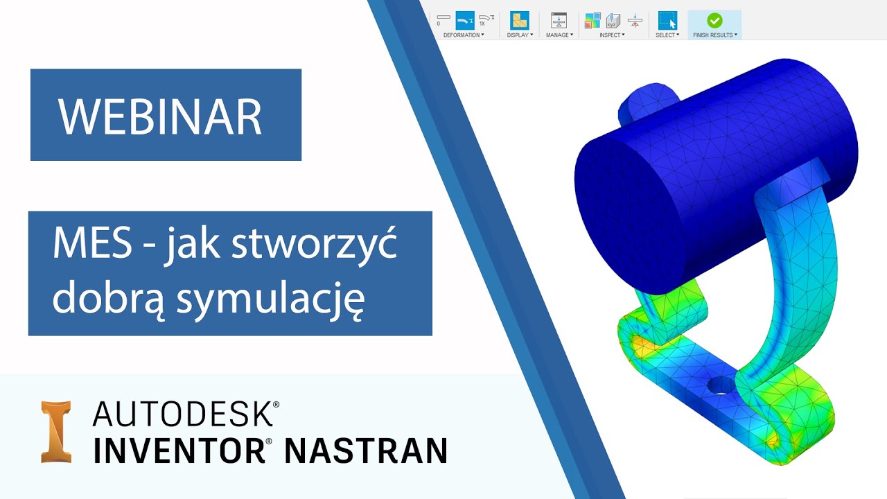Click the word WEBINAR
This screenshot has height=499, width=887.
pos(160,116)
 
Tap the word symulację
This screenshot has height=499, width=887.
pos(270,299)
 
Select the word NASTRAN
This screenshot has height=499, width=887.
pos(365,450)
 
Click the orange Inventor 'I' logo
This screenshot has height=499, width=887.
pos(57,431)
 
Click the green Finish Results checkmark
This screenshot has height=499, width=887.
pos(714,20)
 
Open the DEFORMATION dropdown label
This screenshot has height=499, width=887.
pos(464,35)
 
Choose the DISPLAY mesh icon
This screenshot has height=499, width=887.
pos(519,20)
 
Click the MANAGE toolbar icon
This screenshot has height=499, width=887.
pos(559,20)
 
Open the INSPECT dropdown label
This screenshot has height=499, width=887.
pos(612,35)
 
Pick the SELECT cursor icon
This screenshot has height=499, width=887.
pos(667,20)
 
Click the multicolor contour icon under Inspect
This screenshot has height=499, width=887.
pos(592,20)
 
